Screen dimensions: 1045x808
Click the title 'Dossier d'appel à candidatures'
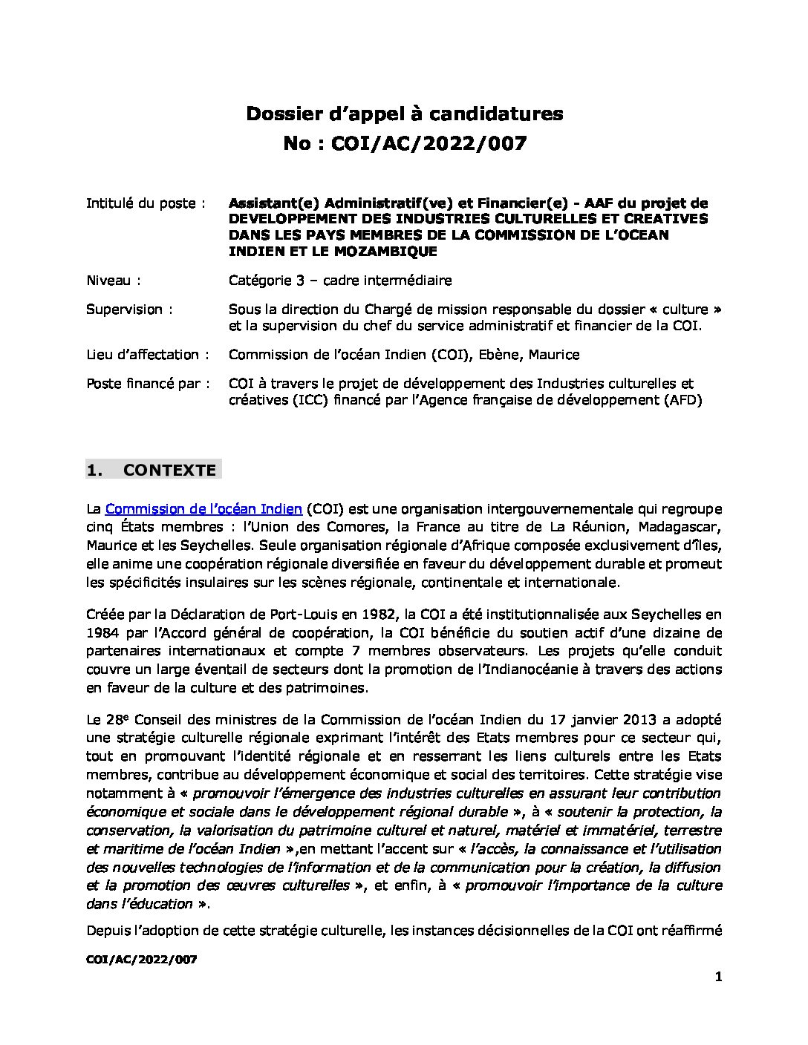404,114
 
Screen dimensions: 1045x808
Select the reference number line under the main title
404,143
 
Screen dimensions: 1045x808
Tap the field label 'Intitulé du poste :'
146,203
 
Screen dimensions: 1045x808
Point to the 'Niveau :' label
114,281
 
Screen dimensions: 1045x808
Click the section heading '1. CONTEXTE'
153,470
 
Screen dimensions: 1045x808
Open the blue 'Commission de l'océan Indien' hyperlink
203,509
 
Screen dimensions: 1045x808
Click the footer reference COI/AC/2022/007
141,960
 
